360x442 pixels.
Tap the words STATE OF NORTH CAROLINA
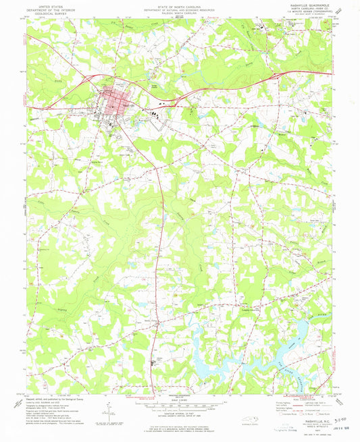click(x=180, y=5)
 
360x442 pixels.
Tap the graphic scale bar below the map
click(x=180, y=403)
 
